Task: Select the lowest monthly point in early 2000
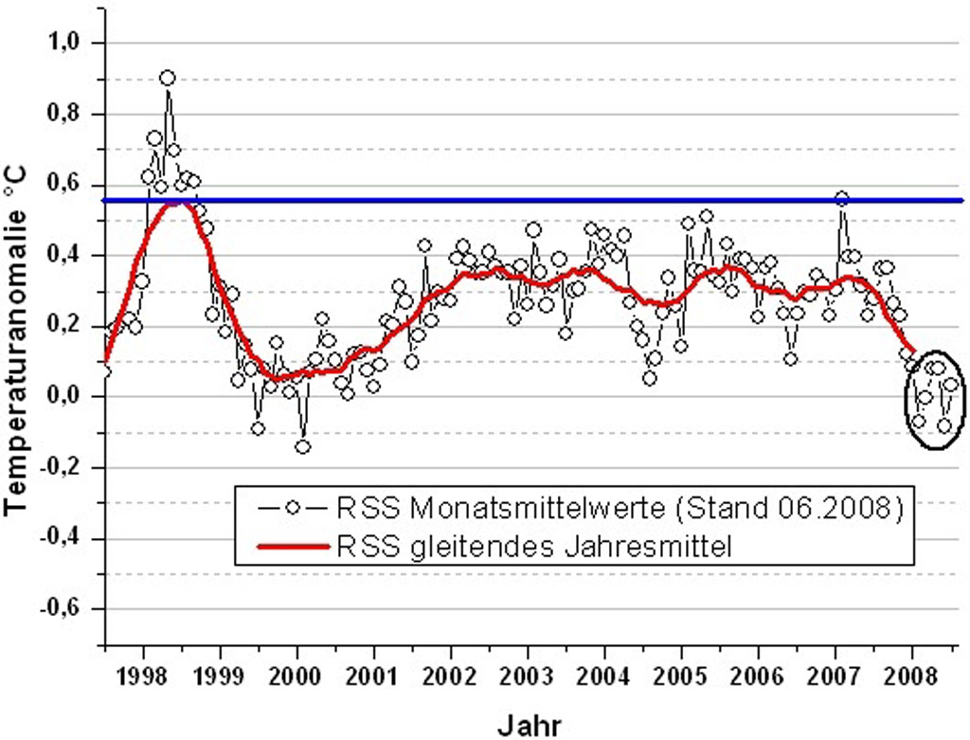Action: click(x=302, y=446)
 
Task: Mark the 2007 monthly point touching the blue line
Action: click(x=841, y=199)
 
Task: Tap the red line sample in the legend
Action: click(x=295, y=545)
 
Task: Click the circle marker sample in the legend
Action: click(x=295, y=508)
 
